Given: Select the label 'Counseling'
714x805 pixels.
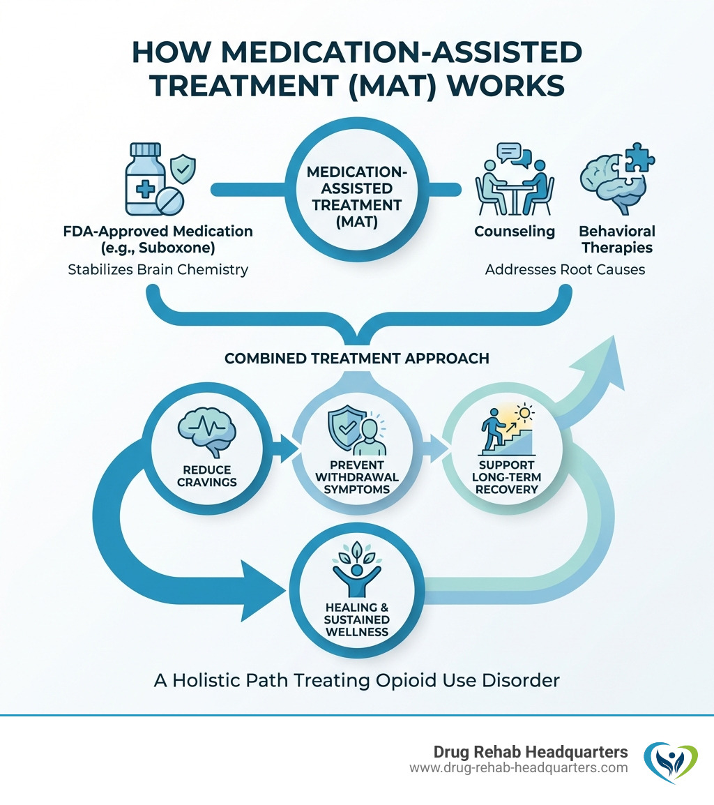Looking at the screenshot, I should pyautogui.click(x=515, y=231).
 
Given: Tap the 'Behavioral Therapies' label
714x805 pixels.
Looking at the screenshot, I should pyautogui.click(x=617, y=239).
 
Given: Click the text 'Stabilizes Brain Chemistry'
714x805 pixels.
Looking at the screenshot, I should pyautogui.click(x=158, y=269).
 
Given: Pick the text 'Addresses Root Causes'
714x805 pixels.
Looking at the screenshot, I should pyautogui.click(x=565, y=269).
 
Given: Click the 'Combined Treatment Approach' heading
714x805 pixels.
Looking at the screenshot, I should pyautogui.click(x=357, y=359).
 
